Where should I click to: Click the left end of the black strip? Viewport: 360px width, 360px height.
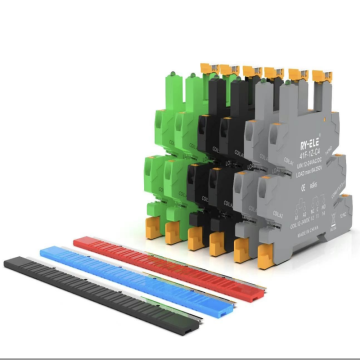(x=9, y=262)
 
